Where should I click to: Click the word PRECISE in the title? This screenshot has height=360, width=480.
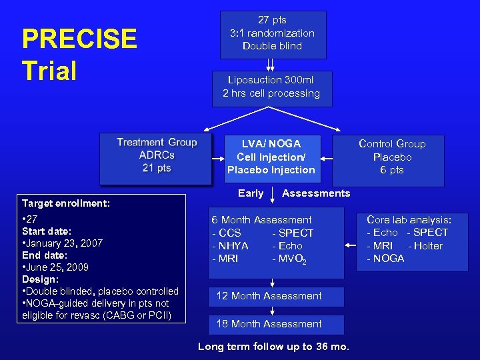pos(79,39)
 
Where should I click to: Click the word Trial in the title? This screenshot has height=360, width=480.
pos(49,70)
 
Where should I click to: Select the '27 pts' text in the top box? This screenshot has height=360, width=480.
pos(272,20)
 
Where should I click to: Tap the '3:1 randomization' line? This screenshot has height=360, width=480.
pos(272,33)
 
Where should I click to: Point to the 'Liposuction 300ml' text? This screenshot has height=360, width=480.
pos(271,80)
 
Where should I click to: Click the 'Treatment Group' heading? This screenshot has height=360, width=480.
pos(157,142)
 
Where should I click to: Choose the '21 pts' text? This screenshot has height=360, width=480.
pos(157,168)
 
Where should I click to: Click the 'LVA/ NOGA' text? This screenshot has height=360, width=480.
pos(271,143)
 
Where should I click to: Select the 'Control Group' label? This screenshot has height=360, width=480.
pos(392,143)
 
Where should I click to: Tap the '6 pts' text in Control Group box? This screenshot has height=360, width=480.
pos(392,170)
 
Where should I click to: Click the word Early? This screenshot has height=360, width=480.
pos(251,193)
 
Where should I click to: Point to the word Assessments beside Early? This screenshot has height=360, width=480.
pos(316,193)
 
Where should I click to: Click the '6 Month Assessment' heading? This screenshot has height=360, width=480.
pos(261,220)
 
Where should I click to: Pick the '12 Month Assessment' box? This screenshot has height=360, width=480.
pos(269,296)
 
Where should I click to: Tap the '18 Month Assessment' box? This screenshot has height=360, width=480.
pos(269,324)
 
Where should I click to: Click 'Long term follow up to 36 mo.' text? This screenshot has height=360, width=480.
pos(273,347)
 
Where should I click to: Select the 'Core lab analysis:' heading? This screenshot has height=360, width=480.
pos(409,219)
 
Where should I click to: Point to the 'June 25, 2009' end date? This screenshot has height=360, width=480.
pos(57,267)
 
